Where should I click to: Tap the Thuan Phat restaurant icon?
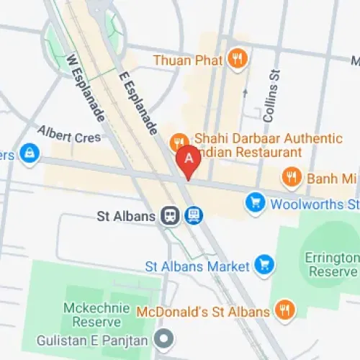click(236, 59)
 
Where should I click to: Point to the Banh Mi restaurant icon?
click(291, 176)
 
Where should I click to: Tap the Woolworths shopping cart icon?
click(255, 204)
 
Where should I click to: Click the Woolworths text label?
click(314, 204)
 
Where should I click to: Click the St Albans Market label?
click(198, 265)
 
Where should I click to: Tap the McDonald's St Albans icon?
click(284, 311)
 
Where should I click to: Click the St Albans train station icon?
click(171, 215)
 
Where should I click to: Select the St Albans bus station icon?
click(193, 215)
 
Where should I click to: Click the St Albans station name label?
click(127, 215)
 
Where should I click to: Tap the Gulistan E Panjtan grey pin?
click(164, 337)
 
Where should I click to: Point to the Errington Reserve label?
click(333, 264)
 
